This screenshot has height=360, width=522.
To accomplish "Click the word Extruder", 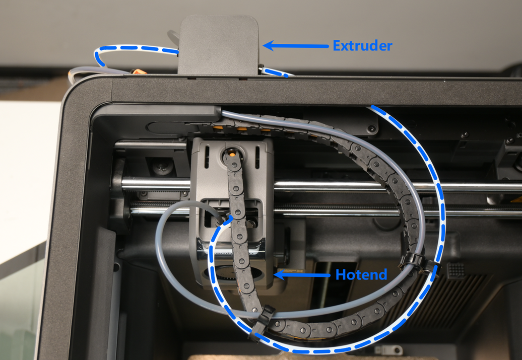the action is (x=363, y=46).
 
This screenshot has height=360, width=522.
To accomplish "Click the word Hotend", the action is (x=361, y=275).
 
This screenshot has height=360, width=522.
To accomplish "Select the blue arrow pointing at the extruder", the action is (x=296, y=46).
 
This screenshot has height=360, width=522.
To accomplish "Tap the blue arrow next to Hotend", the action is (x=302, y=275).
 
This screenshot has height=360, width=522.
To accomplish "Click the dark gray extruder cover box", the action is (x=218, y=45).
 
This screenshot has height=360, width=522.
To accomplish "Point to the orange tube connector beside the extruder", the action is (x=138, y=71).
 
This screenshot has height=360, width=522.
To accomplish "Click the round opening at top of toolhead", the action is (x=232, y=154).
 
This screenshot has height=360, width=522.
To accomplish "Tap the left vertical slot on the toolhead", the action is (x=207, y=157).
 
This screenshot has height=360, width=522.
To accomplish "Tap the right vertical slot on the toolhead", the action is (x=257, y=158).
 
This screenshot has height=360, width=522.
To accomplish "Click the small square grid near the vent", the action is (x=455, y=270).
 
